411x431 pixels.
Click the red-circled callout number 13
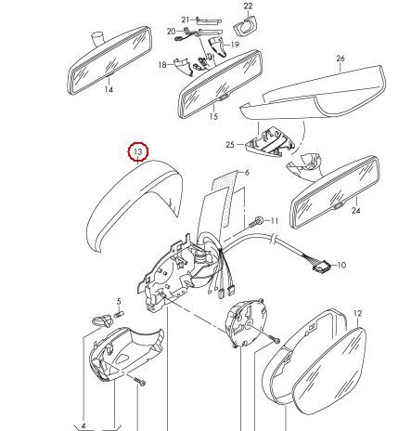point(138,150)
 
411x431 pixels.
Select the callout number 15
point(213,117)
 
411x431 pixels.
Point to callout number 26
point(340,59)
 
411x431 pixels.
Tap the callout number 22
point(248,7)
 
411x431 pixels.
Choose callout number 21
point(185,20)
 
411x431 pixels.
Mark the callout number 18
point(161,64)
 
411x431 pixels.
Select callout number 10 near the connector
point(340,265)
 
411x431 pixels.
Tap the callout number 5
point(119,302)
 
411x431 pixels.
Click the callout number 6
point(246,173)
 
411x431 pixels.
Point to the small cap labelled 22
point(247,23)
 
